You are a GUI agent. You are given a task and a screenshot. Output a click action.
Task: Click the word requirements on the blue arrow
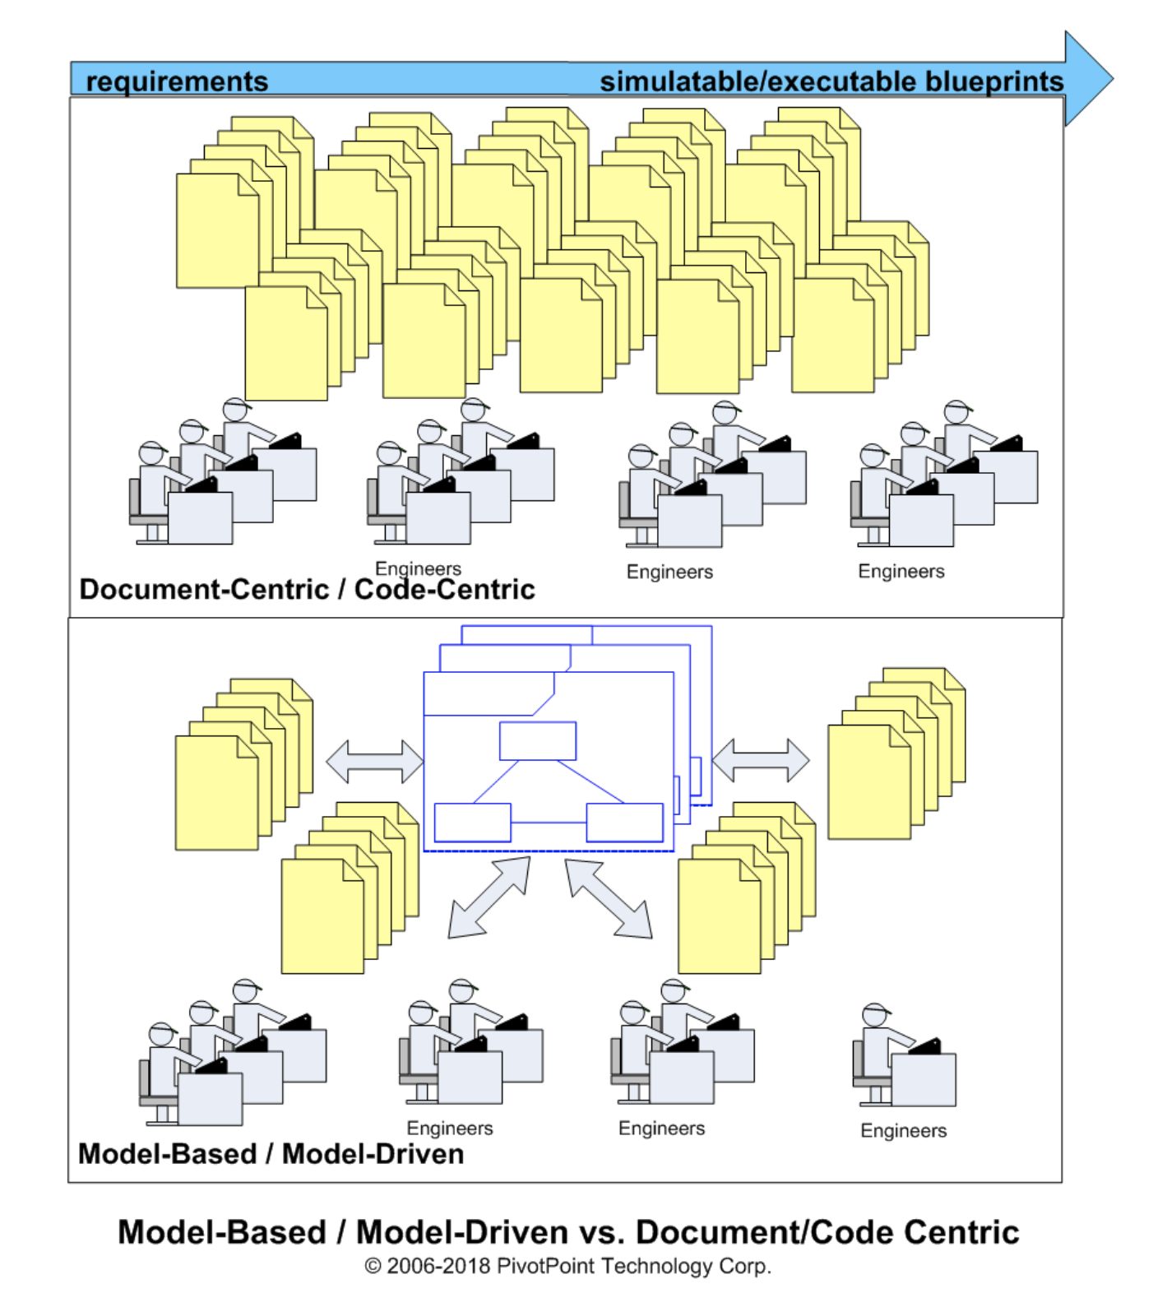(177, 81)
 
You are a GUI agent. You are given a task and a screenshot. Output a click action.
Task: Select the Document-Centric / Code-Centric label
(307, 590)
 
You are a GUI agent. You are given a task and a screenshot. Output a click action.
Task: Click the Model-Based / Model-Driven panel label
(271, 1154)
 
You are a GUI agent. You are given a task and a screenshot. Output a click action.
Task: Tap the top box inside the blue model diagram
(538, 741)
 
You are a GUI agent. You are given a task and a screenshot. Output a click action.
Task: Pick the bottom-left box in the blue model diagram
(472, 822)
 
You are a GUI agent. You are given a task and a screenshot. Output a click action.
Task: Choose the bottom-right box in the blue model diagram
(624, 822)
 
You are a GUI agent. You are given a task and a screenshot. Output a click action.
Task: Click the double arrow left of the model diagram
(375, 761)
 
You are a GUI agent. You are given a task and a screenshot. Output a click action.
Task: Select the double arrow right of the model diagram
(760, 760)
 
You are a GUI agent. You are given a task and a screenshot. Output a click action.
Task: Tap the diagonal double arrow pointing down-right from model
(609, 898)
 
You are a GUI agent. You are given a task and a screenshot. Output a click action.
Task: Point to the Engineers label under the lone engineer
(903, 1131)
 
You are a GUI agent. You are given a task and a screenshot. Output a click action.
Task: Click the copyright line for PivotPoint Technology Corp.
(567, 1266)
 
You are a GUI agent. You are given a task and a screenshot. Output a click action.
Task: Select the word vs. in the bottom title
(603, 1232)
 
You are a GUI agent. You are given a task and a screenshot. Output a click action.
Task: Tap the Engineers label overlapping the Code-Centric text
(418, 568)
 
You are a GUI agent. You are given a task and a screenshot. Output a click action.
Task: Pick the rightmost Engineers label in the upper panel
(901, 572)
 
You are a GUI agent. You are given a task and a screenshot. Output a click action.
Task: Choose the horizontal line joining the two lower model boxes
(549, 821)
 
